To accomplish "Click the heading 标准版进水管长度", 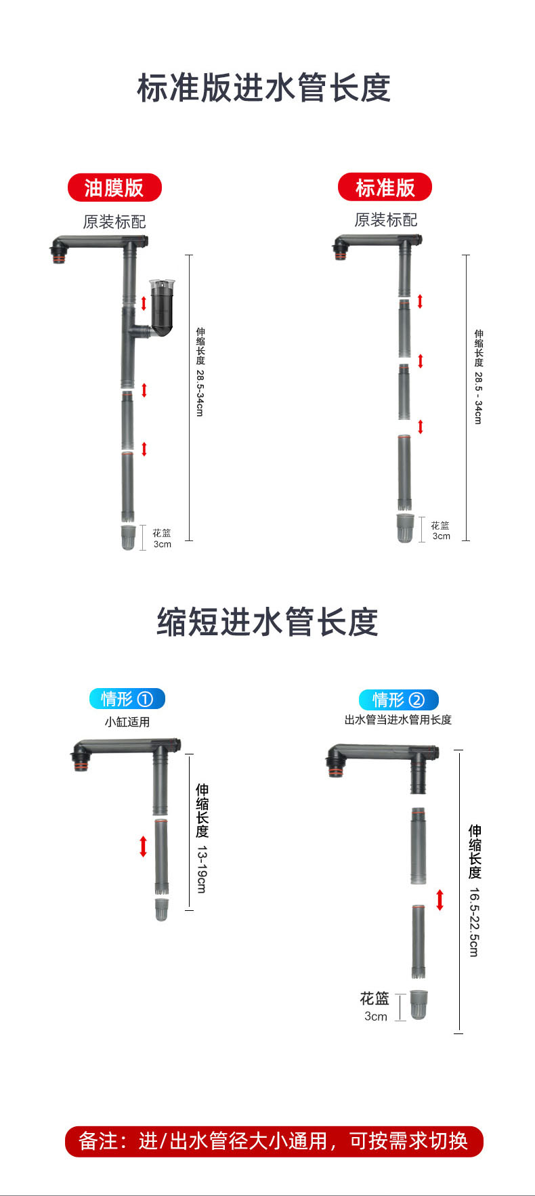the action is (264, 89).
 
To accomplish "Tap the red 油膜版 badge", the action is (114, 188).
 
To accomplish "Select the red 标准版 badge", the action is (385, 187).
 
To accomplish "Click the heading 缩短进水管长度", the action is (267, 622).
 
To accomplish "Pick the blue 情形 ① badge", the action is (127, 698).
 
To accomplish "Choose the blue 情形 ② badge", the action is (398, 700).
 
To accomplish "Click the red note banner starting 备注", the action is (274, 1141).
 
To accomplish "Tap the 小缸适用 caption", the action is (127, 722).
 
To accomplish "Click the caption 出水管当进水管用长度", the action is (398, 719).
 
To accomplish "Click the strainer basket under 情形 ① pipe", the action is (161, 909).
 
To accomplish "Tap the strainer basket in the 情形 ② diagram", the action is (419, 1004).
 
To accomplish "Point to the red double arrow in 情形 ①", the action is (143, 847).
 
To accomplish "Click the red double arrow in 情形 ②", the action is (440, 900).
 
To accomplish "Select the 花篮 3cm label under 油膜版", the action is (162, 538).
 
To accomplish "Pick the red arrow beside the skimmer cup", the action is (144, 302).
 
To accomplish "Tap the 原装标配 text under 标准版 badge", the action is (385, 220).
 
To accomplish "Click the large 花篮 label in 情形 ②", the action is (374, 998).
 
